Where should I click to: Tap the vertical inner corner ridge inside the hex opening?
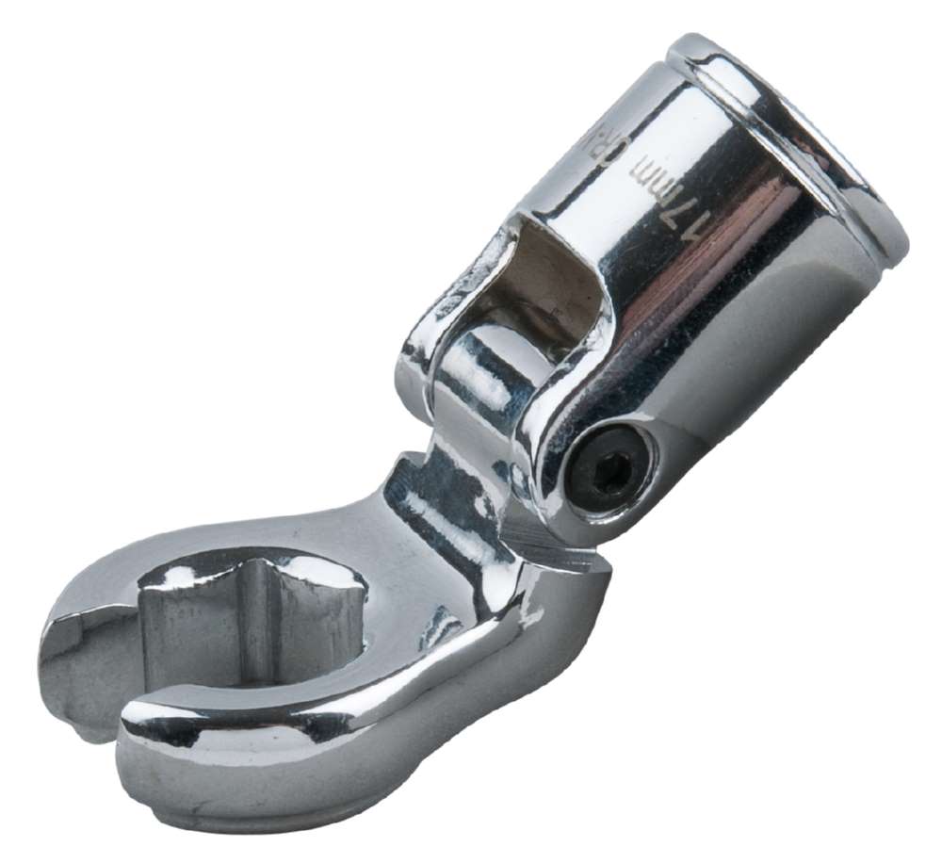tap(273, 622)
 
